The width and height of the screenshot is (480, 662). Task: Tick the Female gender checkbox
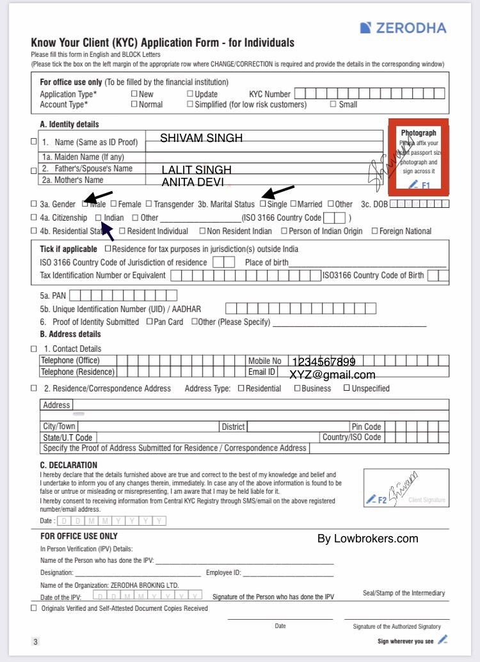113,204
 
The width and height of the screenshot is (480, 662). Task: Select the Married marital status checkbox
293,204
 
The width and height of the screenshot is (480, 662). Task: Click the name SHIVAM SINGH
201,138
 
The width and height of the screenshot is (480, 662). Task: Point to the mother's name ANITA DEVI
192,182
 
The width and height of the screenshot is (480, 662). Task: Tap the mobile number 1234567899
324,362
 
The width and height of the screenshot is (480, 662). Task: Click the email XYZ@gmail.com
332,375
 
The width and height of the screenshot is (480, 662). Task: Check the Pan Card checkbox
149,322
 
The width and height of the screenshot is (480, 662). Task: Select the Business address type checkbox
297,388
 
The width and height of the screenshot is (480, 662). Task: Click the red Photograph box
419,156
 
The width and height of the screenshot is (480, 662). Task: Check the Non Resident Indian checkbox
202,231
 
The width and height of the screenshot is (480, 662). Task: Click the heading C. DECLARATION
68,465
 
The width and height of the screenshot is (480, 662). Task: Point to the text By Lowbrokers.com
367,539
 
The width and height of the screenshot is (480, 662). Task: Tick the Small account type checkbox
333,104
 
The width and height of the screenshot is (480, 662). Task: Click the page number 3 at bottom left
36,641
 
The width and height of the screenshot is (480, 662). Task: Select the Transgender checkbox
148,204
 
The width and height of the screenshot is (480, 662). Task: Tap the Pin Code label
366,427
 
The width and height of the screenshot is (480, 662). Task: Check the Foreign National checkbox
374,231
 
